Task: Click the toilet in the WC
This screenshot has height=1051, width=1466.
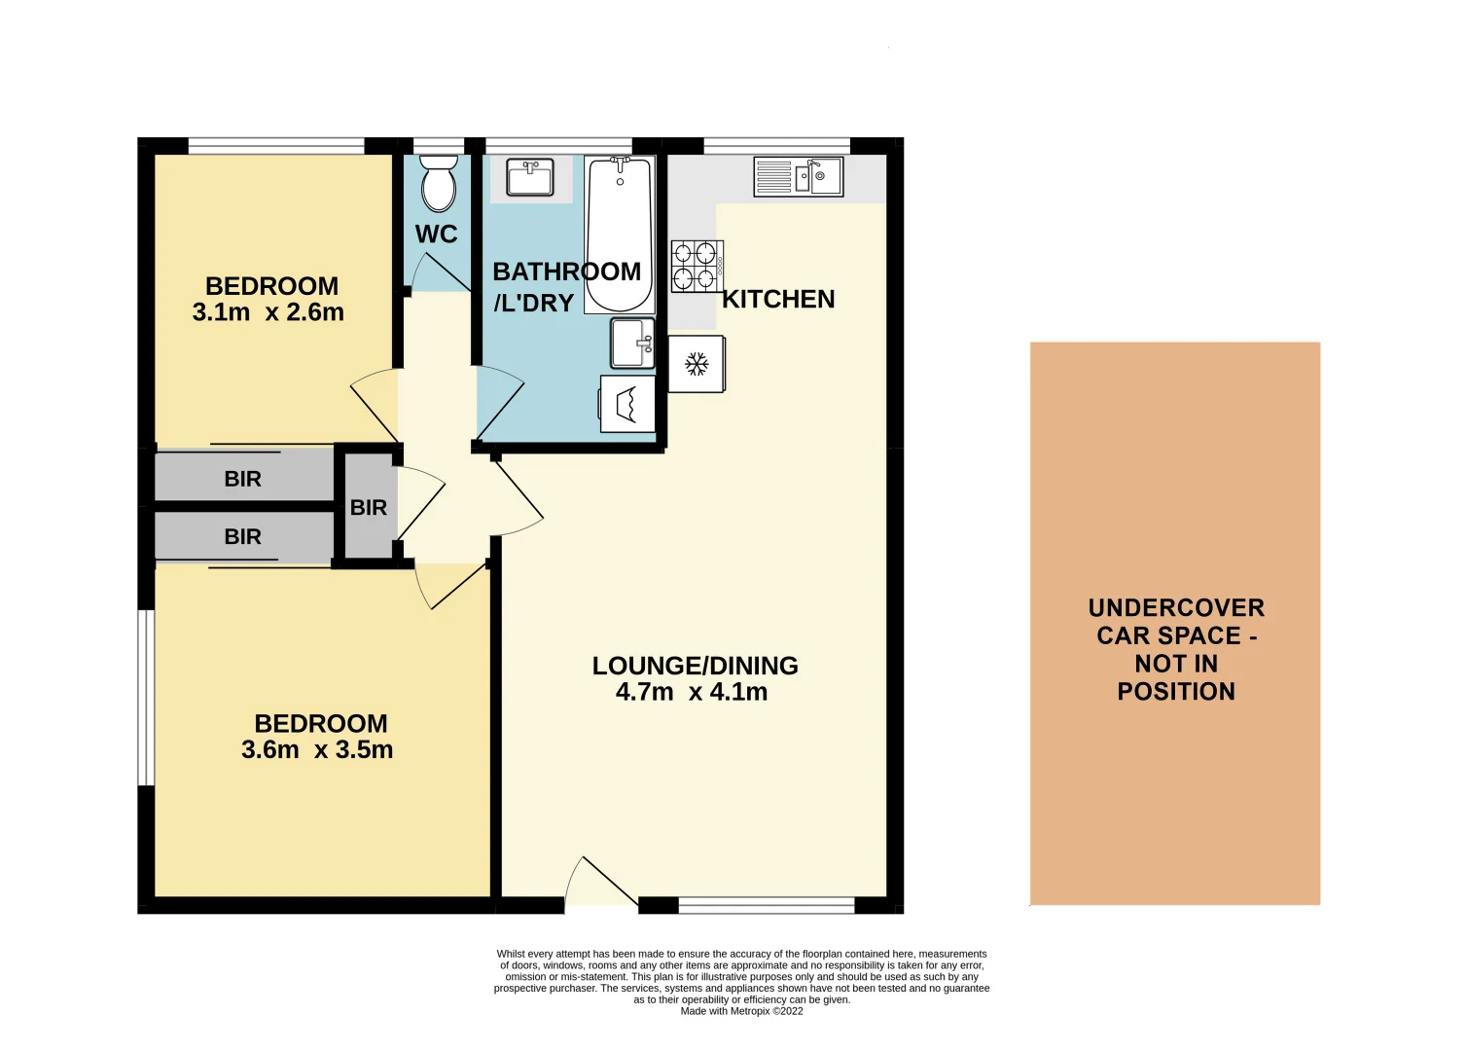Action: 438,184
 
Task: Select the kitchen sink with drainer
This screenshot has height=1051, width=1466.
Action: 798,177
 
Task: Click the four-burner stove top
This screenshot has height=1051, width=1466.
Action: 697,267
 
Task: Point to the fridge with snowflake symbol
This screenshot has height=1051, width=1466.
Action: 697,364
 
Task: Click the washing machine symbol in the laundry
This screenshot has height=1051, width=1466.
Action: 627,404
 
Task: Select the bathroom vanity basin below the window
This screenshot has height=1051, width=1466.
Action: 530,178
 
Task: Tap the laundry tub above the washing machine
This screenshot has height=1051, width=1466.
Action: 632,343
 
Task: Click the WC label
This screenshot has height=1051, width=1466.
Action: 436,235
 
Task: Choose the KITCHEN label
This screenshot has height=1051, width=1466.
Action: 778,300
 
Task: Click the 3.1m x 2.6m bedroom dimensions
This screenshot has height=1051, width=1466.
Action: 268,312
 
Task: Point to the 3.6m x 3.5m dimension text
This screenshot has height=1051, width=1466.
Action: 317,750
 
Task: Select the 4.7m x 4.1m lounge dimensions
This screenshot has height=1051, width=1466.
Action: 692,692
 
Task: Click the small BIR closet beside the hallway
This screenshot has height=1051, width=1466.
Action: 368,507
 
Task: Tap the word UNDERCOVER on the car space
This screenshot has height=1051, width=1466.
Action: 1176,608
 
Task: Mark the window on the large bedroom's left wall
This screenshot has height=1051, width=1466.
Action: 146,697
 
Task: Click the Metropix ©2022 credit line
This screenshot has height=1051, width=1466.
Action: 741,1011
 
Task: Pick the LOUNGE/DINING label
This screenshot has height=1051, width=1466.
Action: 695,666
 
